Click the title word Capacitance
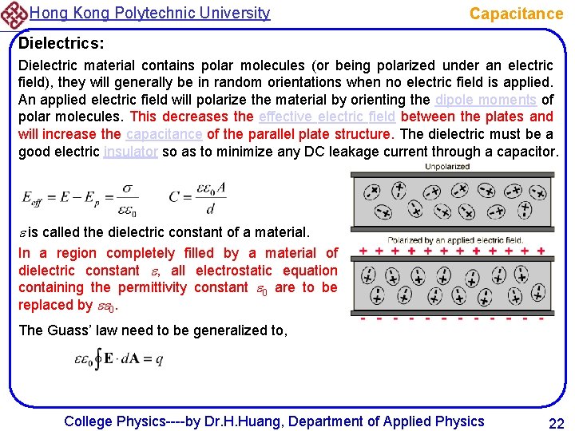[516, 14]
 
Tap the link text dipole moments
[486, 100]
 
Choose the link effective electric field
[327, 117]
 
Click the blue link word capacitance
[164, 133]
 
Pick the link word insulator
[131, 151]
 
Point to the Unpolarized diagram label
[447, 167]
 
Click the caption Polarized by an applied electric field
[455, 239]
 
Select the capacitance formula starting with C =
[197, 199]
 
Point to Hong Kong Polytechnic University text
[149, 13]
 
